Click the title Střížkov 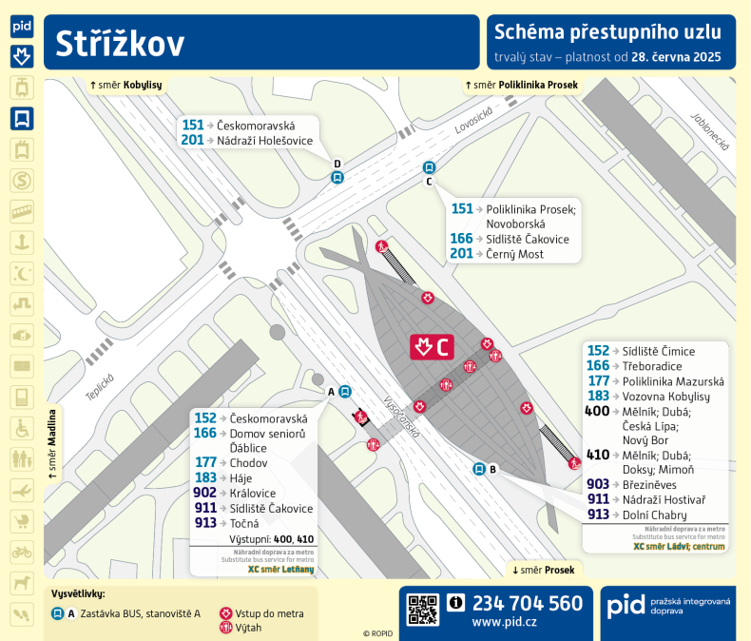point(120,44)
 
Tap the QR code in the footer point(423,609)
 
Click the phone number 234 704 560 point(527,603)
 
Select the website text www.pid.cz point(504,623)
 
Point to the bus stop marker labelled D point(337,176)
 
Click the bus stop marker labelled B point(480,468)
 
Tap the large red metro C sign point(432,347)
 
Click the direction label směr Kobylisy point(125,86)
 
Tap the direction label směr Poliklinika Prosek point(521,86)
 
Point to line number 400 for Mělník point(597,411)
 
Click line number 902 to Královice point(204,493)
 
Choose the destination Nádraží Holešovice point(259,141)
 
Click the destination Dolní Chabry point(654,515)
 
